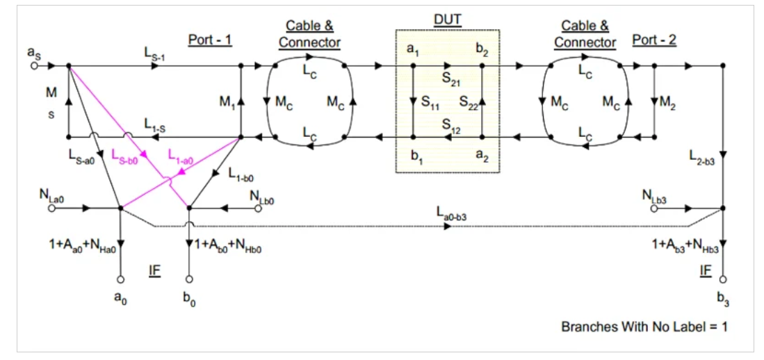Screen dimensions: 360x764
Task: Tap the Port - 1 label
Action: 209,40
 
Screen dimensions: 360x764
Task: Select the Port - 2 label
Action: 653,40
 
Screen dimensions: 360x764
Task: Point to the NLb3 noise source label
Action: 653,196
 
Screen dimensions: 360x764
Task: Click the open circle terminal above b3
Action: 723,279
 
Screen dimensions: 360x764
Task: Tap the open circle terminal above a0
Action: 120,279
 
